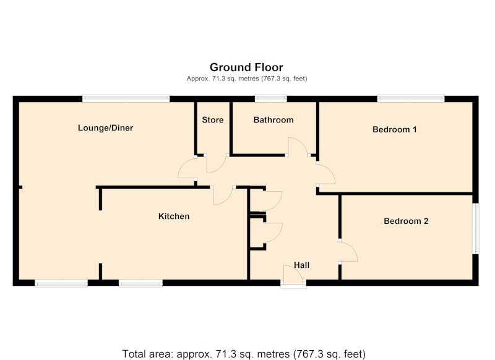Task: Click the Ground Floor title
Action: click(246, 67)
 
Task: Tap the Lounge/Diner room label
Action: click(105, 128)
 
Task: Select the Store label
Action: click(213, 120)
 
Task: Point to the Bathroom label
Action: click(273, 120)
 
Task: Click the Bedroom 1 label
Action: click(395, 129)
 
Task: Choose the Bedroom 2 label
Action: click(406, 221)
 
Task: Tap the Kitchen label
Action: click(174, 216)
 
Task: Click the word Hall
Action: click(301, 265)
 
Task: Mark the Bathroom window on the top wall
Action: click(271, 99)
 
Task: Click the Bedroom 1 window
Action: click(411, 99)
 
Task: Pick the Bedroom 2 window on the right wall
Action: click(476, 228)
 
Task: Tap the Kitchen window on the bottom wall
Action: click(141, 283)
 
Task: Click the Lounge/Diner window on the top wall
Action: click(126, 99)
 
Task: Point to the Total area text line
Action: click(244, 354)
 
